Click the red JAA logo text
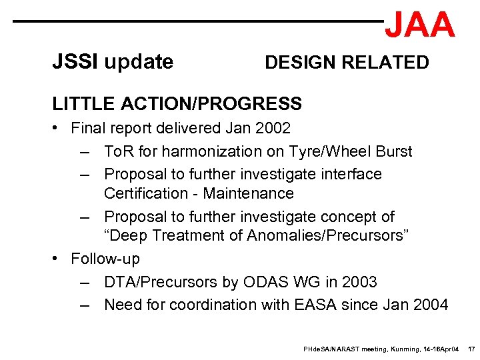420,25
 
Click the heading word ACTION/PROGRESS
211,104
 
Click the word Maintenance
248,193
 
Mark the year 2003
359,282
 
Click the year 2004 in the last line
430,305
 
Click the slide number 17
471,349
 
